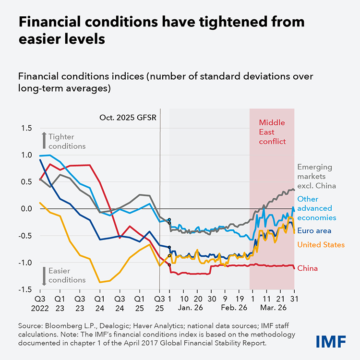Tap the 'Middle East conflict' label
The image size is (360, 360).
(x=272, y=132)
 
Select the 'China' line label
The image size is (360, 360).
(x=308, y=268)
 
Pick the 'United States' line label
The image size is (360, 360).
(x=321, y=245)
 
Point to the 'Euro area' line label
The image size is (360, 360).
(x=314, y=230)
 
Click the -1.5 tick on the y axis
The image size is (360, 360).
(x=24, y=289)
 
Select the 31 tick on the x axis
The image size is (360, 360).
(x=294, y=298)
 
